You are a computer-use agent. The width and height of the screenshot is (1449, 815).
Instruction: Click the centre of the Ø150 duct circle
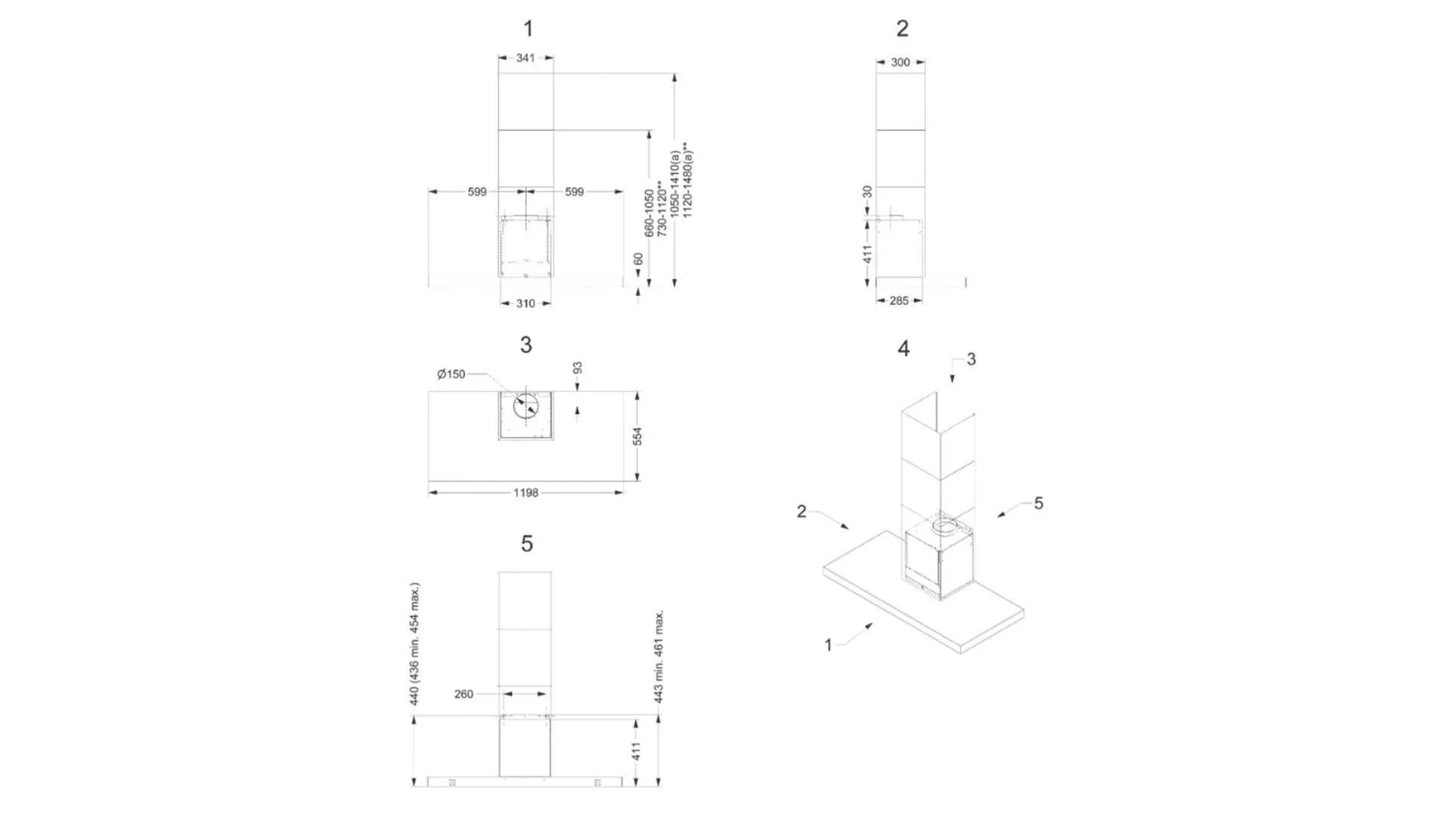526,406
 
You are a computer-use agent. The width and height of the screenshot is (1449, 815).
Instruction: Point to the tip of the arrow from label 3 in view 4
952,383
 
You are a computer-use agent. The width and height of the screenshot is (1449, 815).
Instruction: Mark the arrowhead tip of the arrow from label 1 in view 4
873,623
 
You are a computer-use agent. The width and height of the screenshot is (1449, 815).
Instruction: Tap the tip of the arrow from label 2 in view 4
850,529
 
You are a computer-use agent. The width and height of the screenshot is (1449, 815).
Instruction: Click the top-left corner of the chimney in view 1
498,73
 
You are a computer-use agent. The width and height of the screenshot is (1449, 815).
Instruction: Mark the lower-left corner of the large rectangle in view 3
429,480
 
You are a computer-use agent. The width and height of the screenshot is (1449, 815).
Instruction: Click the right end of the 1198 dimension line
623,492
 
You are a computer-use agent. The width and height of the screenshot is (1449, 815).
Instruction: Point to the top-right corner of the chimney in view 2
925,73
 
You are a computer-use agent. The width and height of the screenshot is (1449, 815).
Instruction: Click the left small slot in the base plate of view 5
452,783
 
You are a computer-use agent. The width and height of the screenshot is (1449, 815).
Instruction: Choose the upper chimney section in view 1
526,101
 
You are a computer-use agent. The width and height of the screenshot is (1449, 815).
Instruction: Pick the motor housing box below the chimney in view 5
525,746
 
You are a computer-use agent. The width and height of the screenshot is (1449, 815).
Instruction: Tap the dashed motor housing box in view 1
525,247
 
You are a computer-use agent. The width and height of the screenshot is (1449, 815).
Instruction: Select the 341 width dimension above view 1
526,57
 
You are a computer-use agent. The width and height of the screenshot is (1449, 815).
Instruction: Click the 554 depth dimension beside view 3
638,436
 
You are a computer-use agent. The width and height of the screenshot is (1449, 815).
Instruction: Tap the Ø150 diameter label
451,374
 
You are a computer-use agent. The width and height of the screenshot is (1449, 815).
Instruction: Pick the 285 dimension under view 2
899,301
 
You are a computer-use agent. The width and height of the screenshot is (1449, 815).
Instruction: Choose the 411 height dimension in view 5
636,751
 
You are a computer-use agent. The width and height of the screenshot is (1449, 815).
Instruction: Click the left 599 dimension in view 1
477,192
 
